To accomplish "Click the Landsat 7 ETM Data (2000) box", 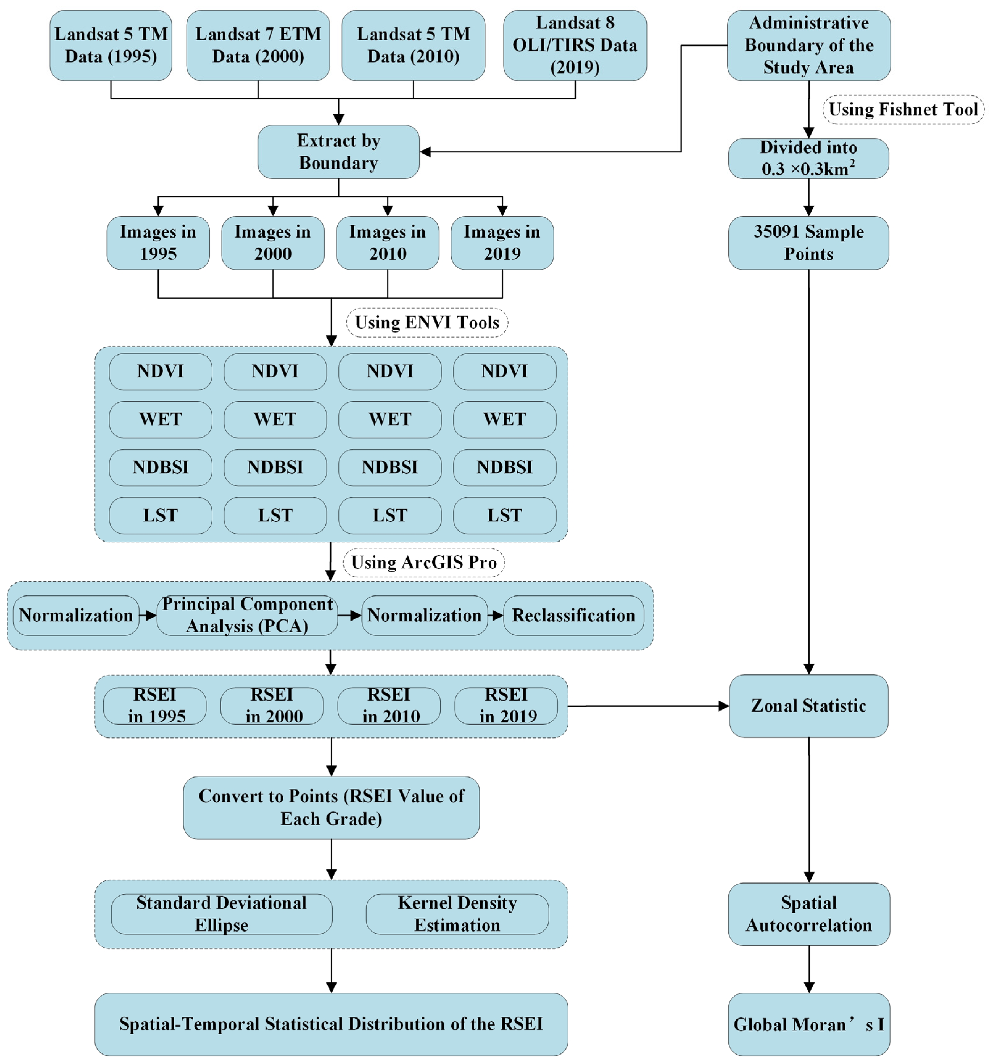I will tap(258, 45).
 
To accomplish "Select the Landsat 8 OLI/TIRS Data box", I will tap(575, 45).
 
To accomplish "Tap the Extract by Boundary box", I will tap(338, 152).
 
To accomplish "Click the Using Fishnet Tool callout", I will tap(902, 110).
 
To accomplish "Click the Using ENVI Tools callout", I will tap(427, 322).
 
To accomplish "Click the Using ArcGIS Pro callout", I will tap(423, 562).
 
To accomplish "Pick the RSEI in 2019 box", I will tap(506, 705).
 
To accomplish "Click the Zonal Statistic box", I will tap(808, 705).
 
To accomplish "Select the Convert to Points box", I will tap(331, 807).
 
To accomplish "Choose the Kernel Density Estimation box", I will tap(457, 914).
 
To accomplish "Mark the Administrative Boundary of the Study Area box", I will tap(808, 45).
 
